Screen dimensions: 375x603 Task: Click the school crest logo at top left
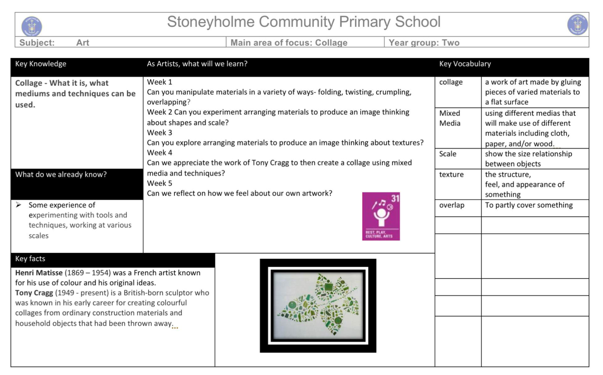pyautogui.click(x=31, y=26)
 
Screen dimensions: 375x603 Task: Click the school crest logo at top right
pyautogui.click(x=577, y=25)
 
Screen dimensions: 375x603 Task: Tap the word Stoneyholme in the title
pyautogui.click(x=210, y=22)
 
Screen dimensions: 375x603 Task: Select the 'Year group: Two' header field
pyautogui.click(x=424, y=43)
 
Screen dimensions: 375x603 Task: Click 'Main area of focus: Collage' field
pyautogui.click(x=289, y=43)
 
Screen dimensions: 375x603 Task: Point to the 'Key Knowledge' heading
pyautogui.click(x=40, y=64)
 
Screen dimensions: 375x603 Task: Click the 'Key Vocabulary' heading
pyautogui.click(x=465, y=64)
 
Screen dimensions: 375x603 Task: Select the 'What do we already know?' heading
pyautogui.click(x=61, y=175)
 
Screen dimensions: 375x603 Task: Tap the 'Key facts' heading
pyautogui.click(x=30, y=259)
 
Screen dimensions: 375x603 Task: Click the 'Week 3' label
pyautogui.click(x=159, y=133)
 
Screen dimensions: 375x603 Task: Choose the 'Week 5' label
pyautogui.click(x=159, y=183)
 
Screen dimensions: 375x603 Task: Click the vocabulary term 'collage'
pyautogui.click(x=451, y=82)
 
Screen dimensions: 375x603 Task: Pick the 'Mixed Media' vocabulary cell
pyautogui.click(x=450, y=118)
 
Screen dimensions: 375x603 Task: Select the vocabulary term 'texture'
pyautogui.click(x=451, y=175)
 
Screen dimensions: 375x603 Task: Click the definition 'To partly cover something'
pyautogui.click(x=529, y=205)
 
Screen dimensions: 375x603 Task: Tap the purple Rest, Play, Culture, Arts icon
pyautogui.click(x=381, y=216)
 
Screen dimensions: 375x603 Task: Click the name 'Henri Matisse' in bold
pyautogui.click(x=39, y=273)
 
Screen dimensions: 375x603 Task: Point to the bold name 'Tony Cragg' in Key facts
pyautogui.click(x=34, y=293)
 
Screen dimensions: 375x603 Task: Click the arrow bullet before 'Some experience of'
pyautogui.click(x=18, y=205)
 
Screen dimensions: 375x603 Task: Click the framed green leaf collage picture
pyautogui.click(x=318, y=306)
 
